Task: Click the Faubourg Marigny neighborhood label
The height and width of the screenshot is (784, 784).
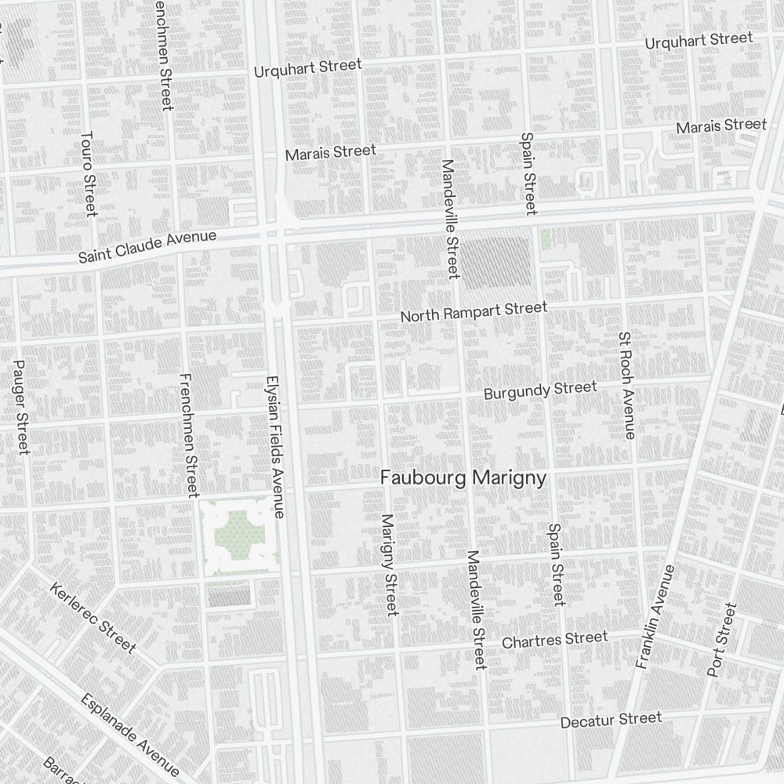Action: tap(463, 478)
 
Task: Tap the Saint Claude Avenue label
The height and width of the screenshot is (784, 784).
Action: tap(147, 247)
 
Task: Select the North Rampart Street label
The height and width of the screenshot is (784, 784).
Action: tap(474, 311)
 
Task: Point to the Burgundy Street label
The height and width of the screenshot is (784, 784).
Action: tap(540, 390)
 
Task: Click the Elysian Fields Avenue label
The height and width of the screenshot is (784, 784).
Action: tap(276, 444)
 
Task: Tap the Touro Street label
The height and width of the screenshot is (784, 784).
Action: tap(89, 173)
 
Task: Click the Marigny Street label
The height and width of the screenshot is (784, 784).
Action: tap(389, 564)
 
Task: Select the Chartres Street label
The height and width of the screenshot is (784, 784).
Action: tap(554, 640)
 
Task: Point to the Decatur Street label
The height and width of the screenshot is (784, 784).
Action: tap(611, 720)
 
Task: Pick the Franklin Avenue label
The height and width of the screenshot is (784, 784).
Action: tap(655, 616)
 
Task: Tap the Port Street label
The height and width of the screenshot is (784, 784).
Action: tap(721, 640)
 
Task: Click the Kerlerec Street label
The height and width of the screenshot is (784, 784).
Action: tap(93, 617)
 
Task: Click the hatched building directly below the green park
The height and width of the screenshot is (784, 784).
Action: tap(229, 595)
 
